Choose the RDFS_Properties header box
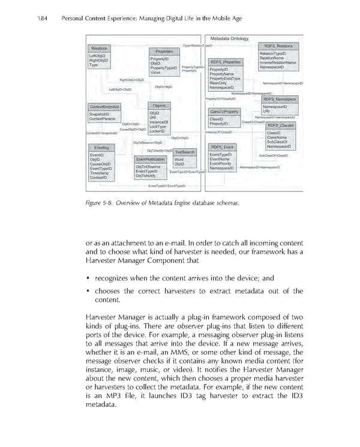click(226, 62)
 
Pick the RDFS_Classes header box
click(280, 125)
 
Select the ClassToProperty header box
click(225, 112)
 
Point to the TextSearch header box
click(185, 152)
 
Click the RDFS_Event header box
click(223, 147)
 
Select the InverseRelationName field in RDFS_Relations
click(278, 62)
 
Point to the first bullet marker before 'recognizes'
click(89, 278)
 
